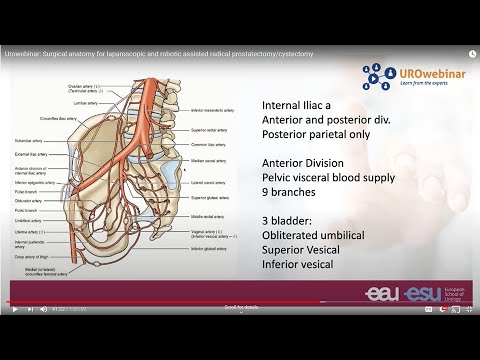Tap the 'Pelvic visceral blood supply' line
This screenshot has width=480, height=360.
(x=332, y=178)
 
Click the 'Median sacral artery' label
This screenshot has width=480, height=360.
(x=204, y=160)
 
